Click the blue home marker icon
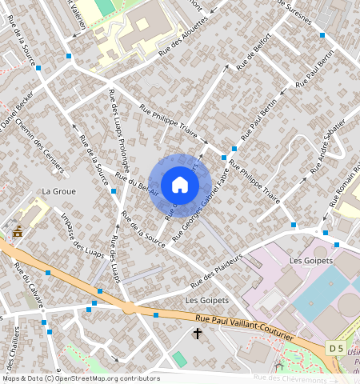click(x=180, y=185)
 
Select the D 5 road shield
click(x=336, y=347)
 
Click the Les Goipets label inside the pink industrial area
click(x=306, y=261)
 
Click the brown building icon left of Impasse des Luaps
click(x=18, y=231)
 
